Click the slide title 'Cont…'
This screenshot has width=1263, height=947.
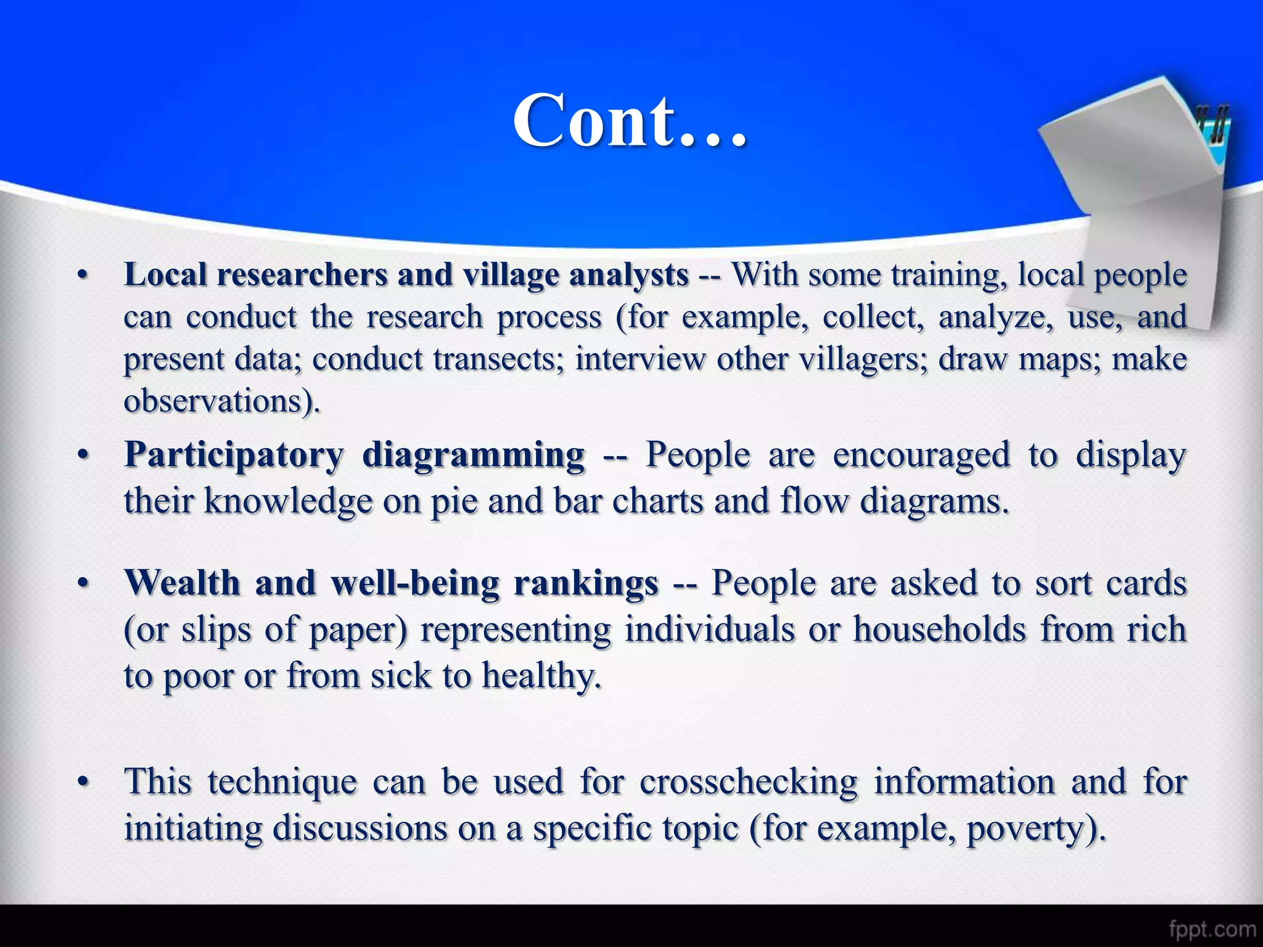pyautogui.click(x=630, y=121)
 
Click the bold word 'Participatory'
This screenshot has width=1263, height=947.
pyautogui.click(x=234, y=456)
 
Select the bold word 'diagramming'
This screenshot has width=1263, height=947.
pyautogui.click(x=473, y=456)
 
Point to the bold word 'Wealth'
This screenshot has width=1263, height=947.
pyautogui.click(x=182, y=583)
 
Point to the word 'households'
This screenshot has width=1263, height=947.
pyautogui.click(x=939, y=629)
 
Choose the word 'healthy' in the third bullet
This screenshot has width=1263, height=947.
pyautogui.click(x=539, y=676)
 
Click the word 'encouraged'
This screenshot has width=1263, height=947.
pyautogui.click(x=921, y=456)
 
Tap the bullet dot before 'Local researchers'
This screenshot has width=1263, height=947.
pyautogui.click(x=83, y=276)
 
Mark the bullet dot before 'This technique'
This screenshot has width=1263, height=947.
pyautogui.click(x=83, y=782)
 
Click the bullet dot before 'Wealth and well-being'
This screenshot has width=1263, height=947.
pyautogui.click(x=83, y=583)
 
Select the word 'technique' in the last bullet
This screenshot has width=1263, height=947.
pyautogui.click(x=282, y=782)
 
